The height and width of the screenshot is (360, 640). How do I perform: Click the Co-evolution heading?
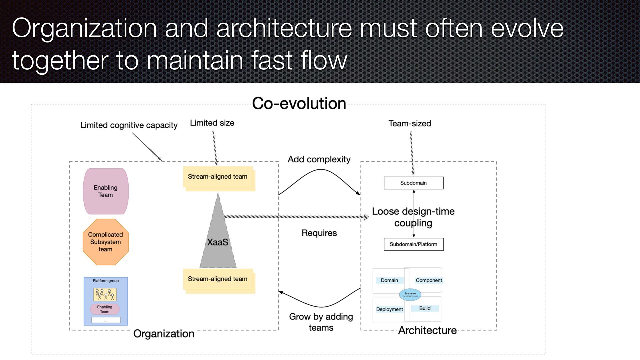point(299,103)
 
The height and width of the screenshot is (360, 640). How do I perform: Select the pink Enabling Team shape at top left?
point(106,191)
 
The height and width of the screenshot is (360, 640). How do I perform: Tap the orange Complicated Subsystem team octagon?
point(106,242)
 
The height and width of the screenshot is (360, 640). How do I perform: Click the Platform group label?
point(106,281)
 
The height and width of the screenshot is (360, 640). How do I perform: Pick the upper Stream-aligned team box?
point(218,177)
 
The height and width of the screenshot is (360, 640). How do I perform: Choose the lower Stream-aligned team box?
point(218,279)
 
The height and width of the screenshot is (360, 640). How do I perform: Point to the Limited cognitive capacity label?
point(129,125)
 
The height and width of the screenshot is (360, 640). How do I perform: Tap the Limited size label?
point(212,123)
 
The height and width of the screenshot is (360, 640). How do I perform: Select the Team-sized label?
point(410,124)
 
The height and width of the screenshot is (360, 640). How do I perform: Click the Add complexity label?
point(319,159)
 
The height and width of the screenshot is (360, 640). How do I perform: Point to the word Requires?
point(319,233)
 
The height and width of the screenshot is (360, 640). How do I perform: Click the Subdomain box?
point(414,183)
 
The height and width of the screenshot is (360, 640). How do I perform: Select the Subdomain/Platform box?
point(414,244)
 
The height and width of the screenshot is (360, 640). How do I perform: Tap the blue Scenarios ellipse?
point(410,294)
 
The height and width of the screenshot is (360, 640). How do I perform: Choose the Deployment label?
point(389,309)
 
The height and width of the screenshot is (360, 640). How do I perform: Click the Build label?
point(425,308)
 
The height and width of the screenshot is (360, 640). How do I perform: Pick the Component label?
point(429,280)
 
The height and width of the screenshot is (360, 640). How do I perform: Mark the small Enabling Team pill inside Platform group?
point(105,309)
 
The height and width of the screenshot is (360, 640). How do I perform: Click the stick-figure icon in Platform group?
point(105,294)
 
